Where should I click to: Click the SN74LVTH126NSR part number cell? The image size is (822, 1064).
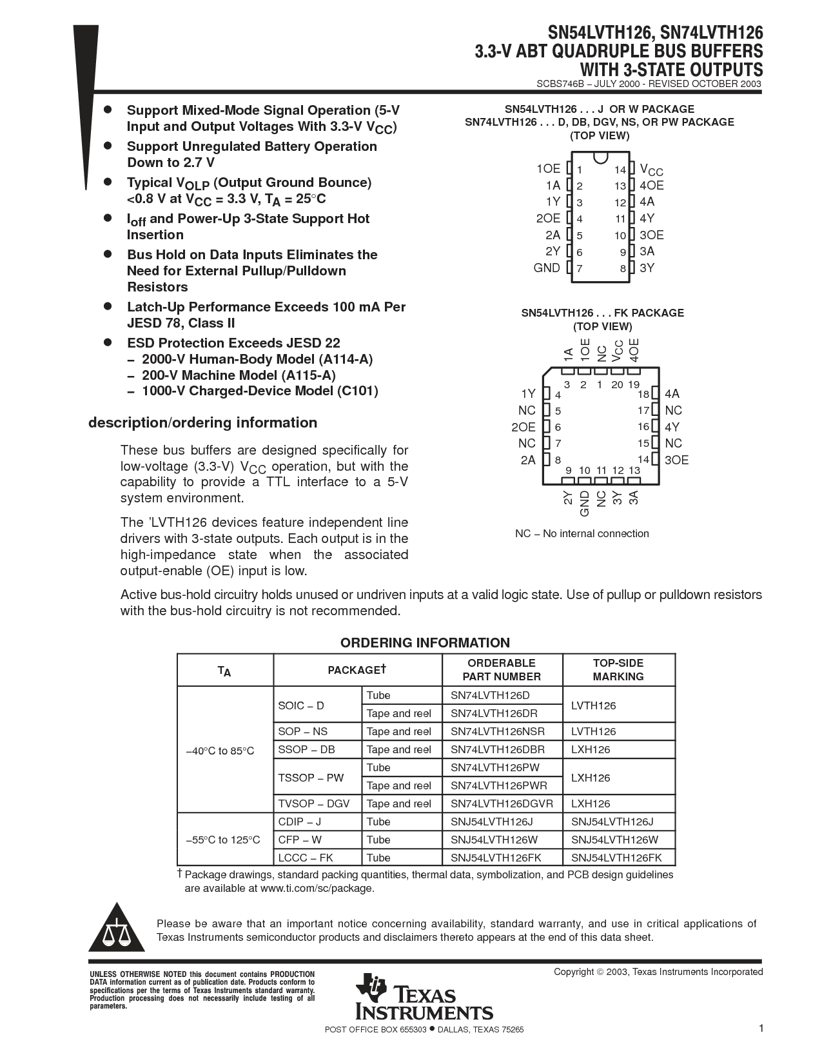[497, 731]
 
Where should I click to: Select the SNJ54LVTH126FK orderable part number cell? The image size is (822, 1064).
[496, 858]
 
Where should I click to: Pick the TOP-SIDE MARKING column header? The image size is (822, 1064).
[618, 669]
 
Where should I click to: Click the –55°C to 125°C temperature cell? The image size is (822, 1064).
[222, 840]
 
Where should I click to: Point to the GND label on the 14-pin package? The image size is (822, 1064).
[547, 268]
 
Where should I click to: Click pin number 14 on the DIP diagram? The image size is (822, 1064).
[620, 170]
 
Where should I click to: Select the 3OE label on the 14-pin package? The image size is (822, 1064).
[651, 235]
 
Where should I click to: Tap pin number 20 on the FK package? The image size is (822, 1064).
[617, 384]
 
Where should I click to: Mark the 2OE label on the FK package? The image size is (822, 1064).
[523, 427]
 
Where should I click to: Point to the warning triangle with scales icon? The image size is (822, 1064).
[117, 931]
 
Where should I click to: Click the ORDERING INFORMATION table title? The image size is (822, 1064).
[425, 642]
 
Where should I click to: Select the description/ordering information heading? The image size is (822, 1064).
[202, 422]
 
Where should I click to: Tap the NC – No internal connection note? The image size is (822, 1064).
[582, 533]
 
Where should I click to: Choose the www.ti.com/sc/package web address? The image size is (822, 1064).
[316, 888]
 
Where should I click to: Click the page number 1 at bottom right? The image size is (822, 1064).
[761, 1028]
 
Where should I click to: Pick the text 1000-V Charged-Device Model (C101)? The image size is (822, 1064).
[260, 391]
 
